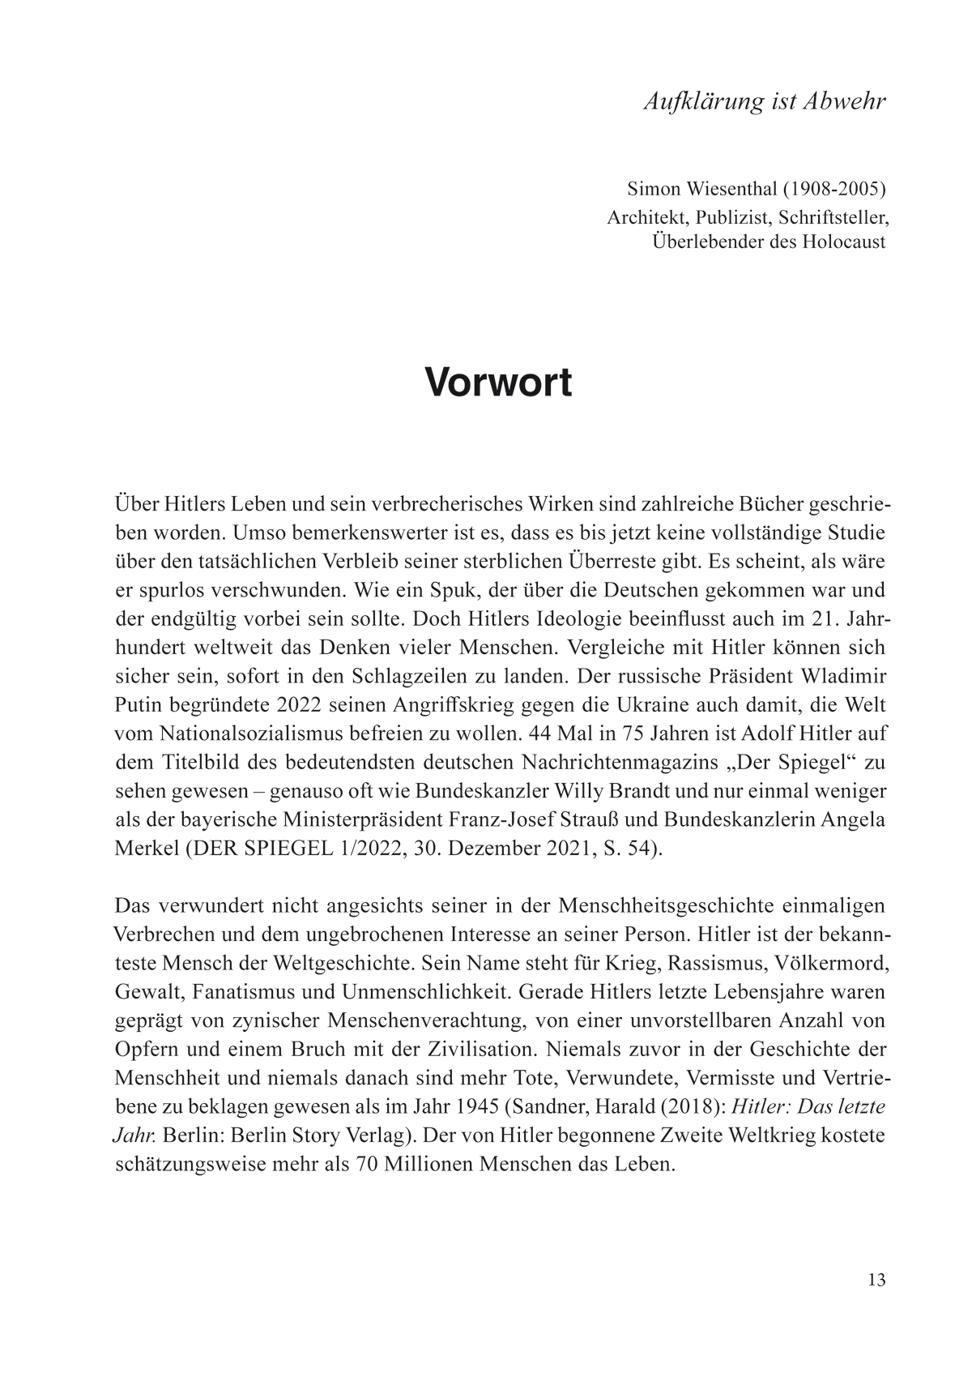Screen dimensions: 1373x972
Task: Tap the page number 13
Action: (876, 1281)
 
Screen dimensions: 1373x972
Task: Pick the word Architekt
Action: (641, 216)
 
